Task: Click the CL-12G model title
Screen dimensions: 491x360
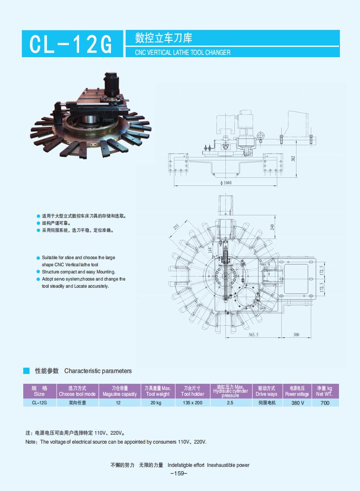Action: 72,44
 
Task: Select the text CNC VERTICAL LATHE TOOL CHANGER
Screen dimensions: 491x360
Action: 183,52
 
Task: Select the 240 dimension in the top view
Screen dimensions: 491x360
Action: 272,227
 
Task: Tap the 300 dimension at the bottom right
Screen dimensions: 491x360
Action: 296,335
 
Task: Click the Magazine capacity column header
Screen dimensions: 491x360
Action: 119,391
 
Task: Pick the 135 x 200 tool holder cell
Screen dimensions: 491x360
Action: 192,403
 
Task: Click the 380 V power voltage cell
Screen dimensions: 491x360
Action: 297,403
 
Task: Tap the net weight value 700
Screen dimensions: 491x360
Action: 325,403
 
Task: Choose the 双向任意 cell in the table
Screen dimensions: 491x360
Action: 77,403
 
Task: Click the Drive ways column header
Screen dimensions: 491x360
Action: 267,391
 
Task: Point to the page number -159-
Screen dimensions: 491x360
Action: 179,474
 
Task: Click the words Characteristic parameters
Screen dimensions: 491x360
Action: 98,371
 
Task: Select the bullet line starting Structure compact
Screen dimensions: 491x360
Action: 78,272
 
